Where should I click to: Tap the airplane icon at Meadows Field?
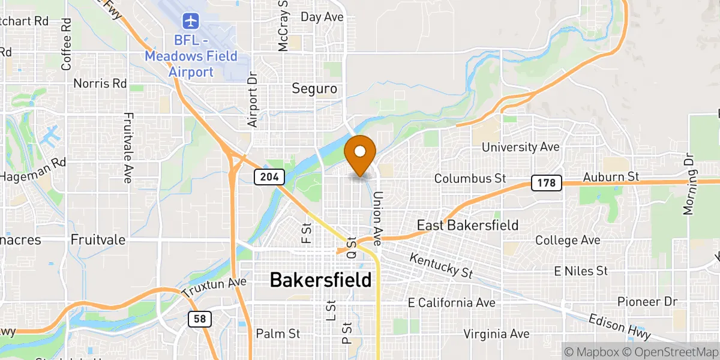(191, 21)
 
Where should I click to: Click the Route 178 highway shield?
(545, 182)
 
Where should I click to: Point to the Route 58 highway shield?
(200, 319)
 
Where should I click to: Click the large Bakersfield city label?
(320, 280)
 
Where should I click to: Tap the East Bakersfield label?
(468, 226)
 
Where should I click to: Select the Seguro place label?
(314, 89)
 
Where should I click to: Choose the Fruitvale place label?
(98, 240)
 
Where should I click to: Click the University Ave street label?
(521, 147)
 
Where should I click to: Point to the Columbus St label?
(470, 178)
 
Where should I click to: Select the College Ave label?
(568, 241)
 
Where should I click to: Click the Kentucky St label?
(441, 265)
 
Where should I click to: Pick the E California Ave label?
(451, 302)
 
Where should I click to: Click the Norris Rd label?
(100, 83)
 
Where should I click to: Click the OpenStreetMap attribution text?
(668, 351)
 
